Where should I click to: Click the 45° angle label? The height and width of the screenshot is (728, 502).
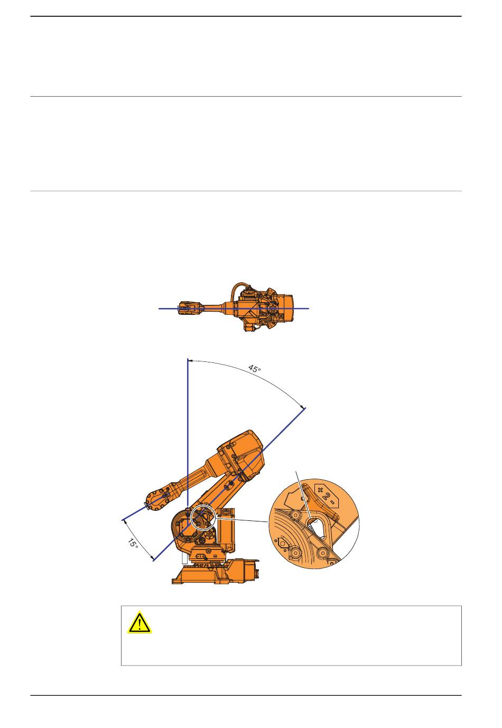tap(254, 369)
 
